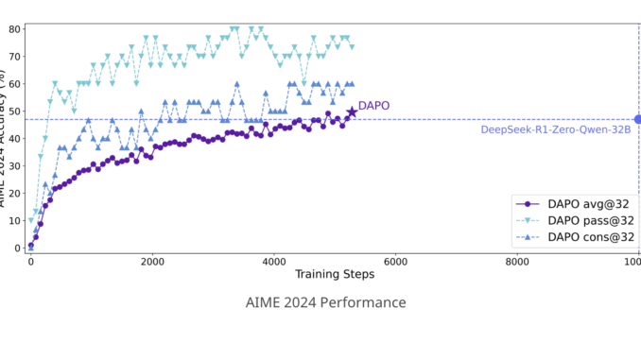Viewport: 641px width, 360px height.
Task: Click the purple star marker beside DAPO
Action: point(352,112)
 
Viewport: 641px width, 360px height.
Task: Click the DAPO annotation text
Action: point(373,107)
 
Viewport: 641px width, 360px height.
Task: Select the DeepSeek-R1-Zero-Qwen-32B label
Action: point(556,129)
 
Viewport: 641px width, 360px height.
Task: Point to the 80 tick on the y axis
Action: point(15,28)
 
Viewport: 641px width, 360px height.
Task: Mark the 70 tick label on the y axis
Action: point(15,56)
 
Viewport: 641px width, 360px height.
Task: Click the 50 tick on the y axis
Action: point(15,111)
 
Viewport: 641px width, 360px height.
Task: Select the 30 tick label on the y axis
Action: point(15,165)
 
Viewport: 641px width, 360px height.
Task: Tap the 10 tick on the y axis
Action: point(15,220)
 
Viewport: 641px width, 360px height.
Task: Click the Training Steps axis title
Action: point(335,274)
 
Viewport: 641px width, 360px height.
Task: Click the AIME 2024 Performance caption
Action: point(324,302)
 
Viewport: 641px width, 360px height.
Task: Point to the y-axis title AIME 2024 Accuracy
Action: point(5,142)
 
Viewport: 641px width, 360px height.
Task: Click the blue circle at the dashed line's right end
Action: point(638,119)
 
